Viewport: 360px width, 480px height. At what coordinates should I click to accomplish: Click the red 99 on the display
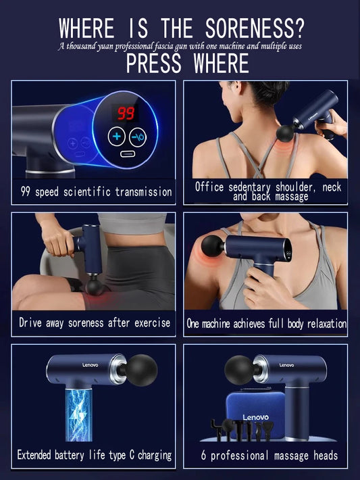coord(123,112)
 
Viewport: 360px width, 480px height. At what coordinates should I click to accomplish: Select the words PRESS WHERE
coord(187,64)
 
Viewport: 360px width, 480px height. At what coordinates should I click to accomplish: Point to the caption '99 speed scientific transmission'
coord(93,192)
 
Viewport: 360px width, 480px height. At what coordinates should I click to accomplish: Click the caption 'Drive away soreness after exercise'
coord(94,322)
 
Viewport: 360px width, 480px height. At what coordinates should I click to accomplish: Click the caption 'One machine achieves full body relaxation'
coord(266,324)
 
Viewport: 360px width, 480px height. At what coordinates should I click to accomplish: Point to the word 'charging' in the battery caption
coord(150,455)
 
